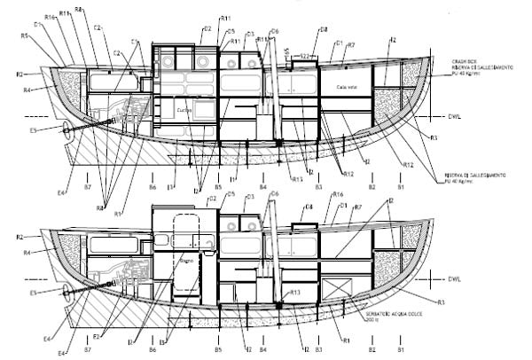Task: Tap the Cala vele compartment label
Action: coord(346,88)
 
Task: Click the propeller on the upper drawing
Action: coord(66,129)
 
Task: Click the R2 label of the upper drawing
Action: coord(20,74)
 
